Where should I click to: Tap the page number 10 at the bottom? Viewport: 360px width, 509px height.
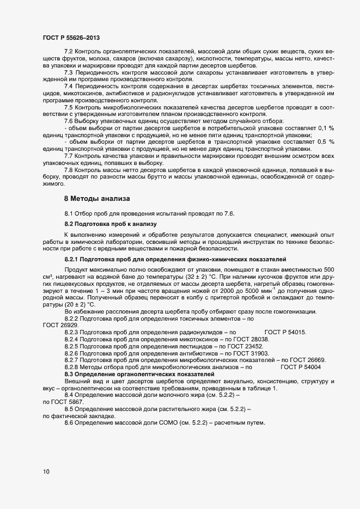pos(46,471)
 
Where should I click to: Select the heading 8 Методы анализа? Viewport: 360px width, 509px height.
pos(97,199)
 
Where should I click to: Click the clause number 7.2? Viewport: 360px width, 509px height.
pos(69,51)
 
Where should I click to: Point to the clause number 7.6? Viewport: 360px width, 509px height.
pos(69,120)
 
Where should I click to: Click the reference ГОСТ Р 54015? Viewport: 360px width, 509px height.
pos(285,332)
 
